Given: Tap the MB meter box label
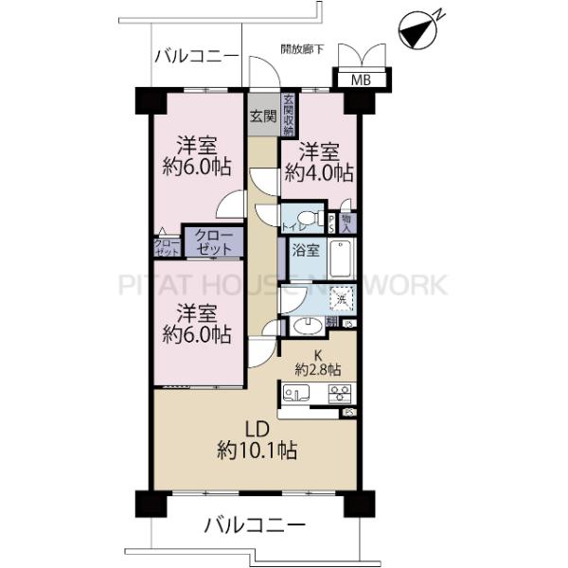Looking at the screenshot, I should (x=361, y=80).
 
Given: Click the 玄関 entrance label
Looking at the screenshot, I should (x=263, y=117).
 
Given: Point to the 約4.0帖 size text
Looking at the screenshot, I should (x=325, y=173).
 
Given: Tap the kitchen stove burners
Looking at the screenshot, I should (x=340, y=392).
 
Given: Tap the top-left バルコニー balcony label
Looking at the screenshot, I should (x=196, y=57).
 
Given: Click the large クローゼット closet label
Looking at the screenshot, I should (x=214, y=241).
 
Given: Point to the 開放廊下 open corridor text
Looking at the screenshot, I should (x=303, y=48).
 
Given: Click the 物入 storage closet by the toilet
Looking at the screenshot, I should (x=346, y=222).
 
